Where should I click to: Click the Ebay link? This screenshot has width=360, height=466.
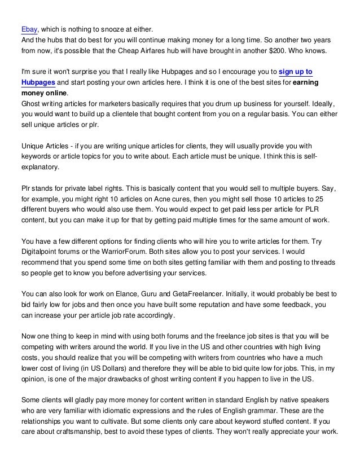click(x=28, y=29)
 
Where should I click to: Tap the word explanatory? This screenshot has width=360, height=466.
click(x=40, y=168)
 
